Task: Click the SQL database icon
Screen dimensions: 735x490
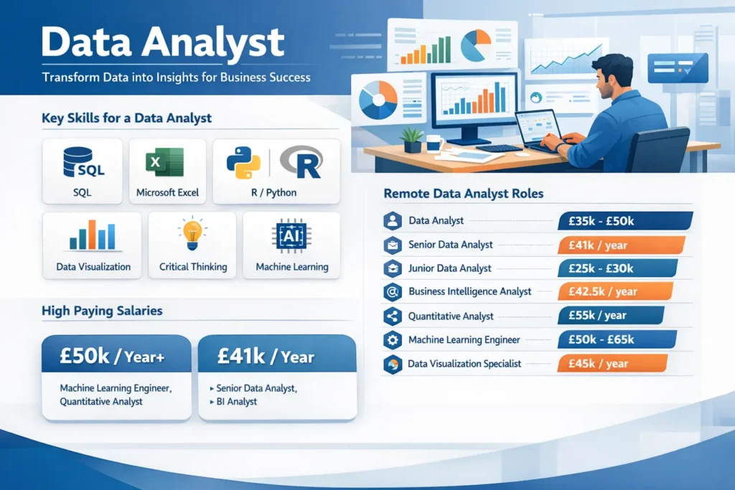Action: click(x=83, y=162)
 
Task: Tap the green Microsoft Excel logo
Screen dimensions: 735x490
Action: click(x=164, y=162)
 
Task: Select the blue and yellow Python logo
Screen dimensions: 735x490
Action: click(x=243, y=163)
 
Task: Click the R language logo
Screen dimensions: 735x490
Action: click(x=301, y=162)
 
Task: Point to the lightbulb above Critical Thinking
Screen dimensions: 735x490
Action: click(x=192, y=233)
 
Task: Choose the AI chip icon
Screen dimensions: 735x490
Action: click(x=291, y=235)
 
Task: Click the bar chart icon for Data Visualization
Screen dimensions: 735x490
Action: click(x=93, y=235)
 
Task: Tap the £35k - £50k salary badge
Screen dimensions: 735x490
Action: click(x=625, y=221)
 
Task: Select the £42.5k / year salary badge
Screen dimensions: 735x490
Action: click(x=615, y=291)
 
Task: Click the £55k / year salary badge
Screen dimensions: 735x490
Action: click(x=611, y=315)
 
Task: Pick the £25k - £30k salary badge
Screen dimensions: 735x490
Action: click(x=617, y=268)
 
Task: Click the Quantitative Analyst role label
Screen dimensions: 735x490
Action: click(x=451, y=316)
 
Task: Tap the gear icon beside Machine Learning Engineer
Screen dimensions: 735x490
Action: click(x=393, y=339)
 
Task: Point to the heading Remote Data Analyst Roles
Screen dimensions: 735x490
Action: click(x=464, y=194)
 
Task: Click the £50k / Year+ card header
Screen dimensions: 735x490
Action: click(x=117, y=354)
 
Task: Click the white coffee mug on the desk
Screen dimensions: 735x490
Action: click(x=434, y=143)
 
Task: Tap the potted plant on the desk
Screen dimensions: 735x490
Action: click(x=412, y=140)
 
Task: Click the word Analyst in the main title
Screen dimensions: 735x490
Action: click(x=212, y=44)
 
